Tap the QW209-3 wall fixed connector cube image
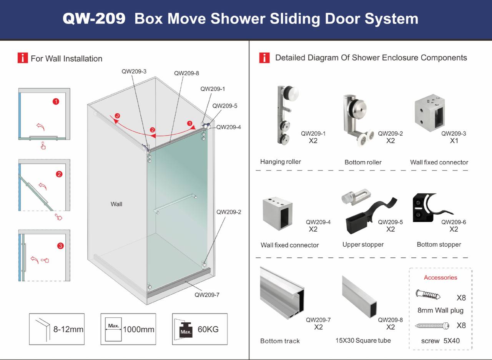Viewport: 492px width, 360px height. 430,113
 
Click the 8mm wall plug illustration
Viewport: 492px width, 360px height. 428,294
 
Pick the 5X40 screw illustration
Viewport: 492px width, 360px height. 432,326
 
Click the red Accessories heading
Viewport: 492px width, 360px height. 440,277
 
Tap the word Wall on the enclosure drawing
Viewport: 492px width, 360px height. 116,204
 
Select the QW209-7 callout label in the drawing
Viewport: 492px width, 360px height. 207,295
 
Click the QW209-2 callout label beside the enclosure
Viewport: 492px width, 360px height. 229,212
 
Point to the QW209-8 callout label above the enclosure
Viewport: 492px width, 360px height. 186,73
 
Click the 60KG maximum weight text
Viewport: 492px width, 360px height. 208,329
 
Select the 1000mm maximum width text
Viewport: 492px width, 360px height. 138,329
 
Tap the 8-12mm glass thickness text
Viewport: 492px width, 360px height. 68,329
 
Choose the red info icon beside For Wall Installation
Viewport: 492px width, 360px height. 23,58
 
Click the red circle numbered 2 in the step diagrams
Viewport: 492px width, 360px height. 59,174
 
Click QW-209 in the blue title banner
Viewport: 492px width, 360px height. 94,18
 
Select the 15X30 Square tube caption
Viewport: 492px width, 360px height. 363,340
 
